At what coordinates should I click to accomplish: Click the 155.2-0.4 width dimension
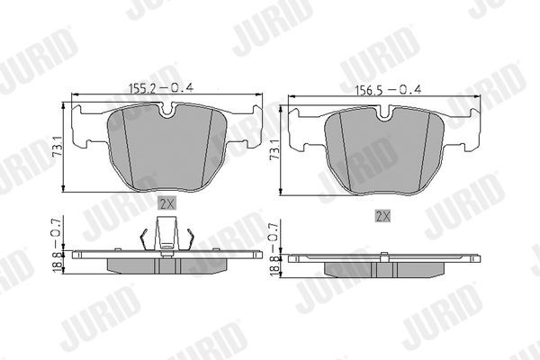tap(165, 87)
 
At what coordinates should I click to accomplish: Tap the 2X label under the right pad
tap(383, 215)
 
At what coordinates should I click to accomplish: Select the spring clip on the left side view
tap(166, 239)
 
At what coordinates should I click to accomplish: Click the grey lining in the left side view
tap(166, 265)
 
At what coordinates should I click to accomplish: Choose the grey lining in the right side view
tap(384, 269)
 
